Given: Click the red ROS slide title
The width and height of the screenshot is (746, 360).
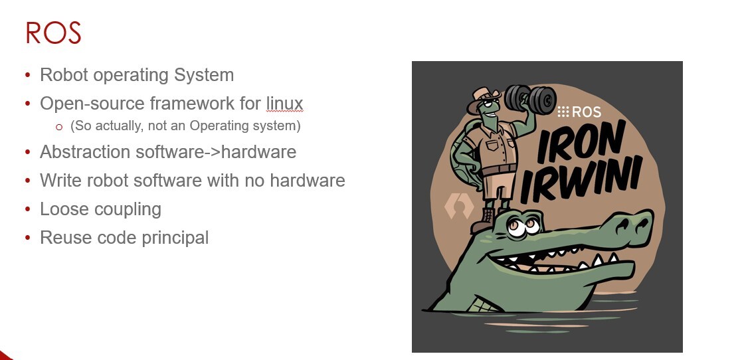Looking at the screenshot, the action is coord(53,33).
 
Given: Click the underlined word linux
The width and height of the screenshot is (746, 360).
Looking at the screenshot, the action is coord(284,104).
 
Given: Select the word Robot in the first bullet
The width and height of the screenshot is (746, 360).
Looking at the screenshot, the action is coord(64,75).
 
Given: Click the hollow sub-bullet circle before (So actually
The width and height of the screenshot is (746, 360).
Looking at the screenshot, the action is coord(59,127).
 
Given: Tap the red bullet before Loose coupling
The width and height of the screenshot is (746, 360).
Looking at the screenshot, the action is coord(27,209).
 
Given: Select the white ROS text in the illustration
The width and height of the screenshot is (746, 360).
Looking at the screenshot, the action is coord(579,112).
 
